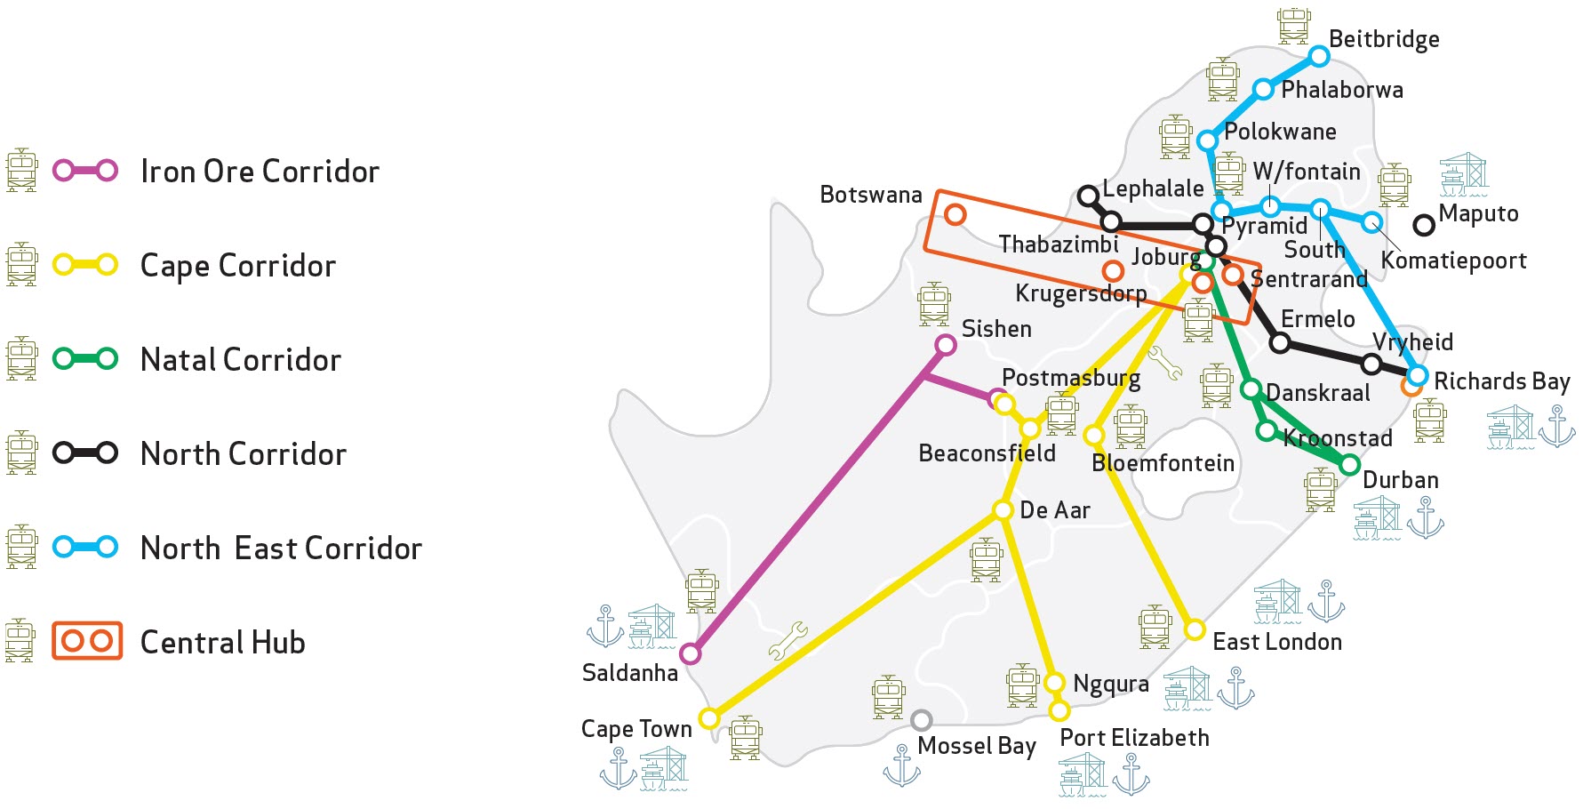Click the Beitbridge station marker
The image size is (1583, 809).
point(1320,57)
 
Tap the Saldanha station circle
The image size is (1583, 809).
point(690,654)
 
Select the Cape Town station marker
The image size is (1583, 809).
point(709,717)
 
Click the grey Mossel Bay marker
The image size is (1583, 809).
point(922,719)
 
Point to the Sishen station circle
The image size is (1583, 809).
point(946,345)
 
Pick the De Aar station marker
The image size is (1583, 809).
point(1003,510)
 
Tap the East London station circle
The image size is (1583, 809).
point(1195,630)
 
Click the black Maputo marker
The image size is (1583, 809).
point(1424,225)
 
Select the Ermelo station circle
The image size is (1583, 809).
point(1280,342)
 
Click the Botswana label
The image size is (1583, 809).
point(870,195)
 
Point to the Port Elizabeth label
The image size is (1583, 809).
point(1134,738)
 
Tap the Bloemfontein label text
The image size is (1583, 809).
point(1163,463)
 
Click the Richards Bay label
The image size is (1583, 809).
point(1501,381)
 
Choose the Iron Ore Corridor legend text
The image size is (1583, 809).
point(260,171)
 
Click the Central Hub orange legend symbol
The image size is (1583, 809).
point(86,641)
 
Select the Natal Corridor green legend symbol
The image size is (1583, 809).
point(85,359)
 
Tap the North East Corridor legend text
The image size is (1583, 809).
point(281,548)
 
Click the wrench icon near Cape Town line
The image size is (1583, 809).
point(788,640)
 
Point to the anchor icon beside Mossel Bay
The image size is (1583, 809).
point(901,765)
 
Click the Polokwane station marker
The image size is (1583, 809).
point(1207,140)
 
